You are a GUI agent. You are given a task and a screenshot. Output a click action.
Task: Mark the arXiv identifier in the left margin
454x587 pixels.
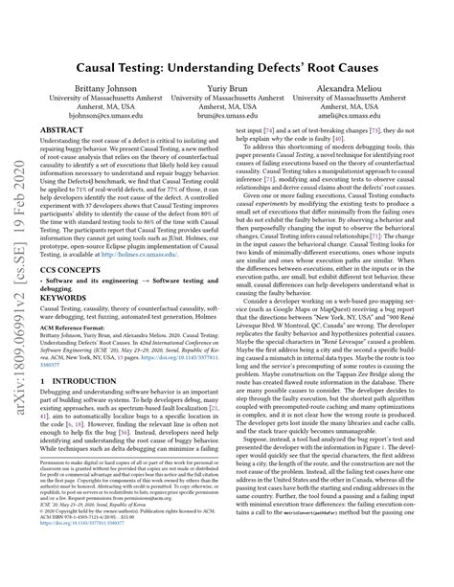pyautogui.click(x=18, y=287)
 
